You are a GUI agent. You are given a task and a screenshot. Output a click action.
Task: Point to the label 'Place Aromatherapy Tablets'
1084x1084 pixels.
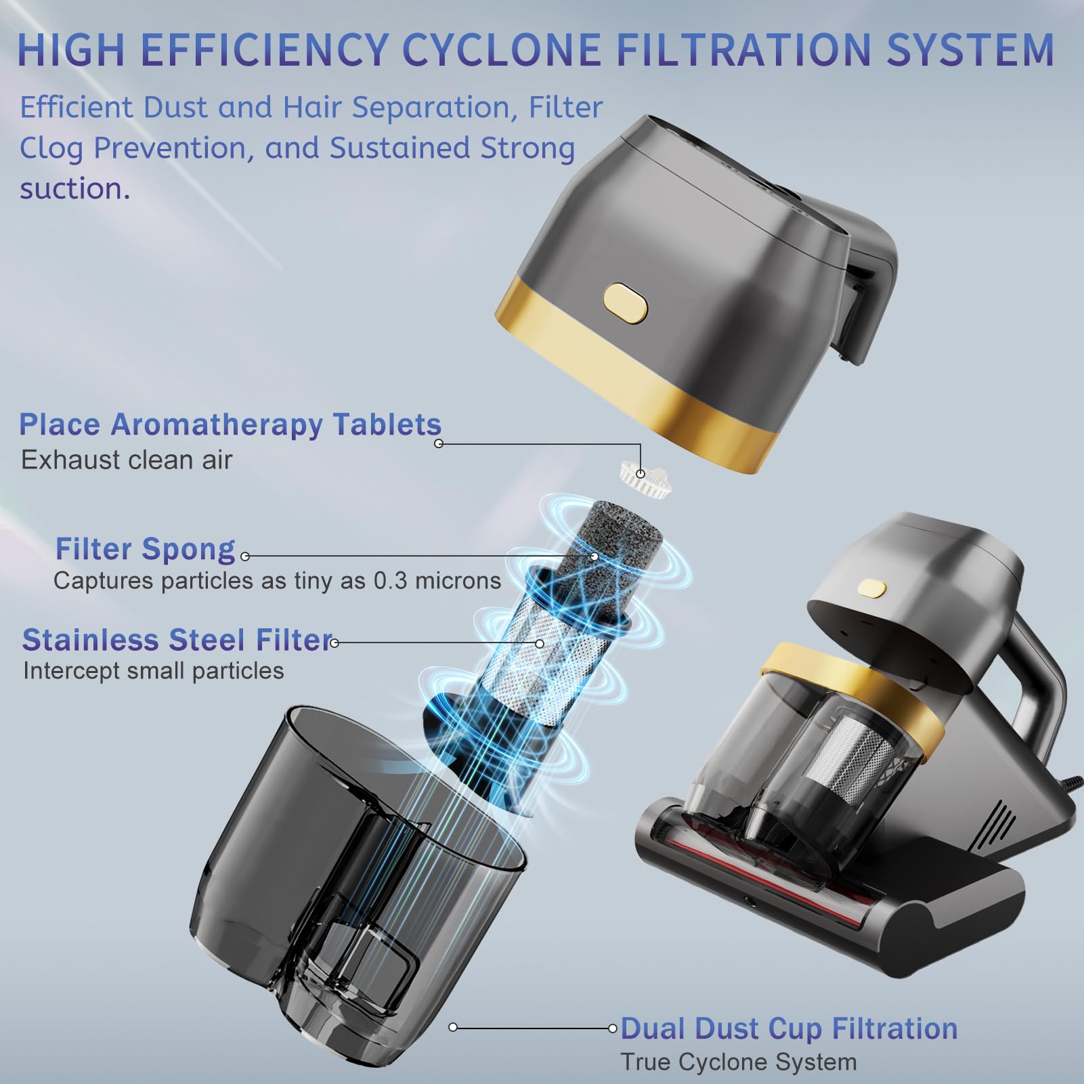[230, 425]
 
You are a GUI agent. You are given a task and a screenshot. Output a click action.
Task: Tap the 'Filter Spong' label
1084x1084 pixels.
[146, 549]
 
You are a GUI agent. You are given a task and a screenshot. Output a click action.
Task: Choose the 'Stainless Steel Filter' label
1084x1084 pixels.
[177, 640]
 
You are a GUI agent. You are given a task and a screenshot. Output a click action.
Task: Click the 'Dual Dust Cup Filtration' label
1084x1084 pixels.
[789, 1028]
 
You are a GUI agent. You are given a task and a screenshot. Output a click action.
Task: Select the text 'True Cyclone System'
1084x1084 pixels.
[739, 1062]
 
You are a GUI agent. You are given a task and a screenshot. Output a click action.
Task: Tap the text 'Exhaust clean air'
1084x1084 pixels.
[127, 460]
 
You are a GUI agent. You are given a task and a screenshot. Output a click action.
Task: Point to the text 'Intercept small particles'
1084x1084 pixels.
[154, 671]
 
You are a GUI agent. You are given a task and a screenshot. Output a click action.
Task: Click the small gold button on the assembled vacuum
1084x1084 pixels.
[872, 588]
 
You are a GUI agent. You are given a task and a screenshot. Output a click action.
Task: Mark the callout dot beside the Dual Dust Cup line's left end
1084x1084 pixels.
[453, 1028]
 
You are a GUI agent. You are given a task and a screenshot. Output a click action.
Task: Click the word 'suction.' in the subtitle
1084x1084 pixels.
[74, 189]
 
